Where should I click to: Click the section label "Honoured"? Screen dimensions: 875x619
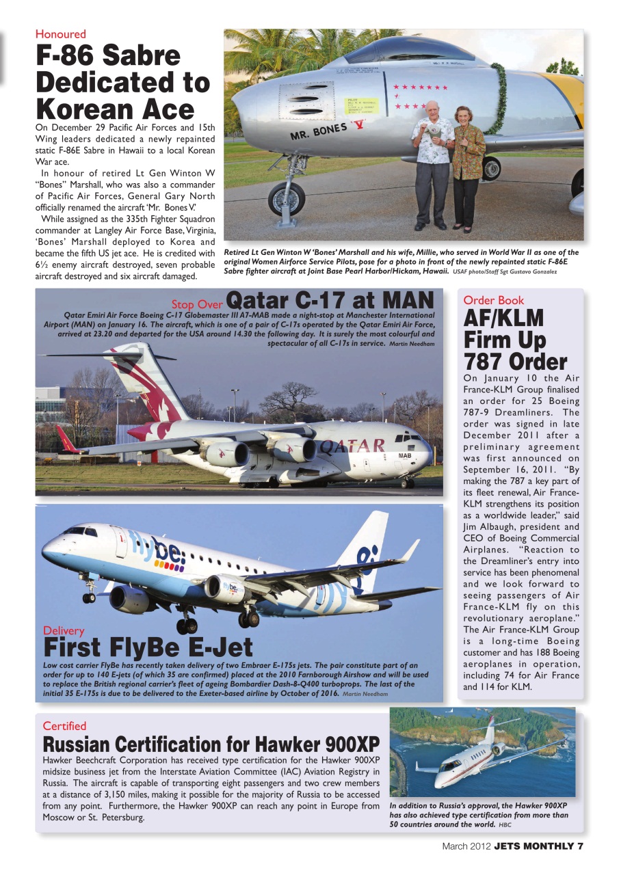(61, 34)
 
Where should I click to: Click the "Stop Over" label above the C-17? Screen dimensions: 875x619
(196, 304)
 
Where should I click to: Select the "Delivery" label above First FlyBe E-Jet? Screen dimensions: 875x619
(64, 630)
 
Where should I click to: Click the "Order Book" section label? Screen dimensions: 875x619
(494, 300)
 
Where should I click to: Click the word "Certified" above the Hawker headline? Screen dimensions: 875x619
(64, 726)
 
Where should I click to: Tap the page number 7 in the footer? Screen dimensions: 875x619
(579, 846)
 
